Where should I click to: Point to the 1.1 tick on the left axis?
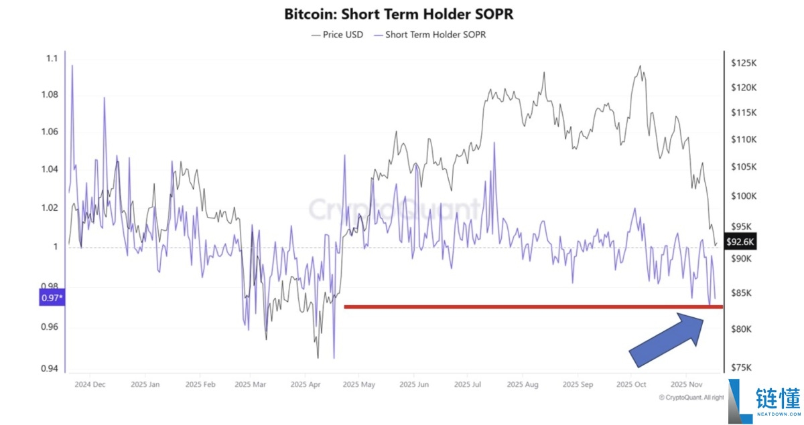click(52, 59)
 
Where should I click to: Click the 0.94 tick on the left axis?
click(49, 368)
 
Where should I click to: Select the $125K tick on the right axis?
click(744, 63)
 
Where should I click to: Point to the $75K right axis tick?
click(744, 367)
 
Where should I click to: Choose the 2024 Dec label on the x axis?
click(90, 385)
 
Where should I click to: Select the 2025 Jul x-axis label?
click(468, 385)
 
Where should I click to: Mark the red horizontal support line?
click(533, 307)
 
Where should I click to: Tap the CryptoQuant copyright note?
click(691, 398)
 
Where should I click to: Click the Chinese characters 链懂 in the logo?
click(778, 400)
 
